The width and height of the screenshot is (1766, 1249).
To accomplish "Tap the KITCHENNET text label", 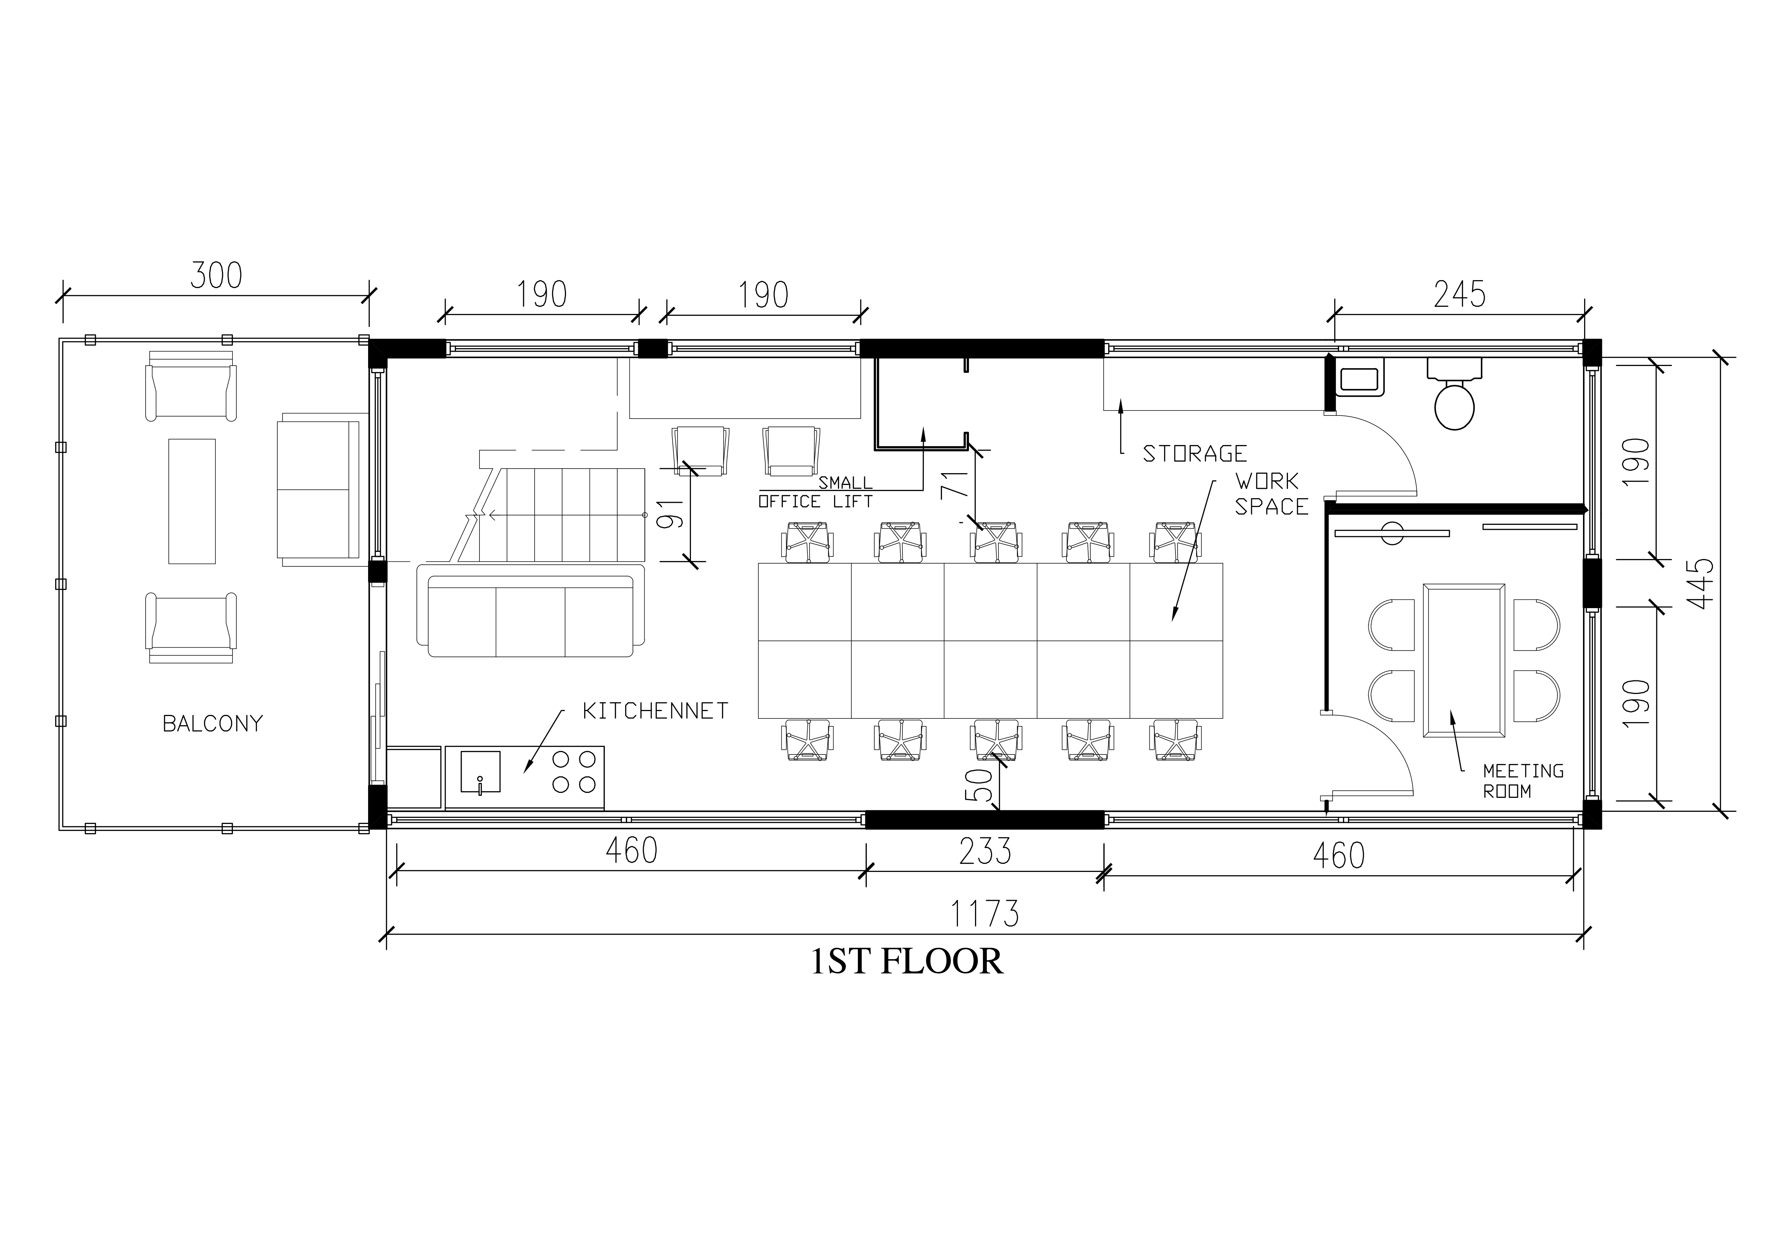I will tap(655, 711).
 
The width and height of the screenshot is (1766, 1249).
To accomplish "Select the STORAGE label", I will tap(1195, 454).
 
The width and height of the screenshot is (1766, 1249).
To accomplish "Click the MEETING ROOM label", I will tap(1523, 780).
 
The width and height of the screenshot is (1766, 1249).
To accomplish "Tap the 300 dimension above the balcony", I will tap(216, 275).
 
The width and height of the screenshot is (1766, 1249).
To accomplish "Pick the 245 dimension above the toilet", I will tap(1459, 294).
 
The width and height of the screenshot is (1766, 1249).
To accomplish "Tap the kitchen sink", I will tap(480, 772).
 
